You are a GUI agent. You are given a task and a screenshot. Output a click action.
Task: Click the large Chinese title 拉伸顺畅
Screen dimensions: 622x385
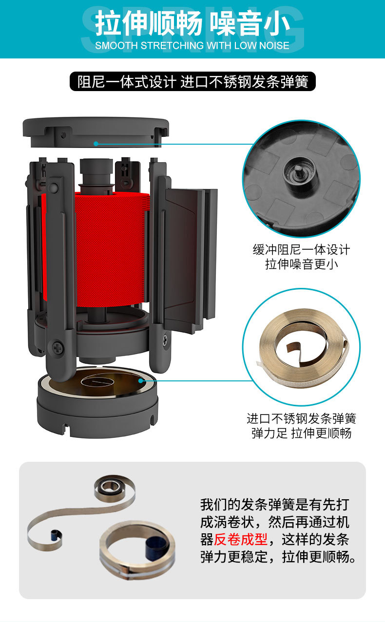click(148, 24)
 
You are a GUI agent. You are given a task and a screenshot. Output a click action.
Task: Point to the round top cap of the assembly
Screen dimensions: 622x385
click(96, 131)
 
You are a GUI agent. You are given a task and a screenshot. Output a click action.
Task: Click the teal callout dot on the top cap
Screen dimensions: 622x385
click(96, 144)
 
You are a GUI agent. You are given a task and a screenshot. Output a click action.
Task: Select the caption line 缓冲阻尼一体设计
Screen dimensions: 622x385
click(301, 250)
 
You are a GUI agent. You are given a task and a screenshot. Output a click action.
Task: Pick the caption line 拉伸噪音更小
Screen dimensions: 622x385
click(301, 264)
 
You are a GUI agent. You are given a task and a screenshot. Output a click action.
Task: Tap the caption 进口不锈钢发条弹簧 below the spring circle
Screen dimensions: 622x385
click(301, 418)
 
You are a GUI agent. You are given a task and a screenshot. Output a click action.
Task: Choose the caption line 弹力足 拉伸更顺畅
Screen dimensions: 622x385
click(301, 433)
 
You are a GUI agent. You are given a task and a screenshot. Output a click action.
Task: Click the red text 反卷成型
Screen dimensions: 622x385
click(241, 539)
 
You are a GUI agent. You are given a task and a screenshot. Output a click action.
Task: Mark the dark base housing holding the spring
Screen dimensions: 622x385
click(97, 409)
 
